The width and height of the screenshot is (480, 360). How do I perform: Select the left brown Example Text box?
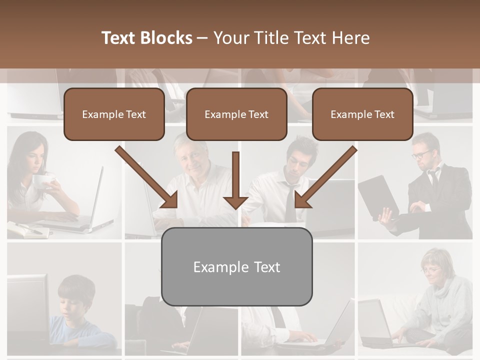click(x=114, y=114)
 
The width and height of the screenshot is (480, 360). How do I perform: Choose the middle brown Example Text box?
click(x=236, y=114)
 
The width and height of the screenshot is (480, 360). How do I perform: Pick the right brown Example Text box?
click(x=362, y=114)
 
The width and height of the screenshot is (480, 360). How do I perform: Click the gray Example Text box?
click(x=236, y=266)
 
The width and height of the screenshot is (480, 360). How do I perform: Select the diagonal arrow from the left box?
click(x=147, y=177)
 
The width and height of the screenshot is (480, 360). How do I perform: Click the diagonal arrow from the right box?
click(x=325, y=177)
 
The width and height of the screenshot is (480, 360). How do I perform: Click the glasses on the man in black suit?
click(x=422, y=154)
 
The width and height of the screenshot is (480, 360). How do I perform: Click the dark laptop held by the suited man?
click(x=377, y=197)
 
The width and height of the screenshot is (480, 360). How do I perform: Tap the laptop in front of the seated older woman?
click(x=375, y=322)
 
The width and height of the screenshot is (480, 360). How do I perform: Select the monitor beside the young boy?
click(x=27, y=305)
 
